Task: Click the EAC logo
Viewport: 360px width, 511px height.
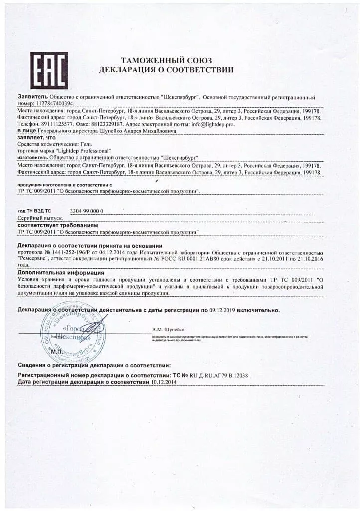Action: [x=49, y=70]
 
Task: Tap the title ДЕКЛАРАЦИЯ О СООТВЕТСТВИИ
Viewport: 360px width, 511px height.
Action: [x=166, y=70]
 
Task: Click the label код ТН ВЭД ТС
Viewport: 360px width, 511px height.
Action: [x=34, y=212]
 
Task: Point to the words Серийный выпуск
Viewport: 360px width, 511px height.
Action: [x=40, y=219]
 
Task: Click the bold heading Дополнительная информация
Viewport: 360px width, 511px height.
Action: [x=61, y=273]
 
